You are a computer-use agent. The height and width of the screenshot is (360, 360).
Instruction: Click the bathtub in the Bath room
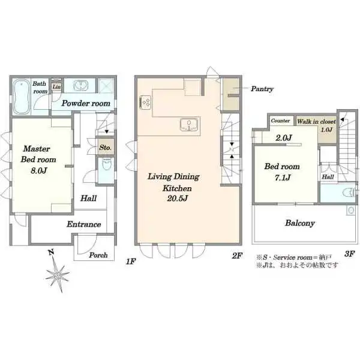21,97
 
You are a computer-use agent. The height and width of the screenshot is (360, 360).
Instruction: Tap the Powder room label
86,103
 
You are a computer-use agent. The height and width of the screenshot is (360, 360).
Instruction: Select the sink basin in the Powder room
81,86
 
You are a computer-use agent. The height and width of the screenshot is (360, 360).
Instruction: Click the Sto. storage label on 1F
105,147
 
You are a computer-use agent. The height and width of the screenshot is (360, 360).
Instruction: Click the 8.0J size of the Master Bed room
39,170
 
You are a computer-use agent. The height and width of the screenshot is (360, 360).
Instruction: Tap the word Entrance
84,224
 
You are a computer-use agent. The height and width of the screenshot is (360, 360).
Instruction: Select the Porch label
98,255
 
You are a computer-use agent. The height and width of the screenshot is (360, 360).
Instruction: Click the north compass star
58,274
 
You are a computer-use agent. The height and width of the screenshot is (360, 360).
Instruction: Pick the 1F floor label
131,261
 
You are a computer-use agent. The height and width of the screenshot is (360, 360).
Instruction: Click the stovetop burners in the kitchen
146,102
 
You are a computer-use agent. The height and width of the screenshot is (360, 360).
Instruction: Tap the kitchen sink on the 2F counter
189,125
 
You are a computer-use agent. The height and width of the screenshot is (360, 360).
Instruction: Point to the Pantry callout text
262,89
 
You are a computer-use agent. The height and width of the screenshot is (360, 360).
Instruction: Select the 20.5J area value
177,199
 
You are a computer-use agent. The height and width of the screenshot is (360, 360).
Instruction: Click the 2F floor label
237,256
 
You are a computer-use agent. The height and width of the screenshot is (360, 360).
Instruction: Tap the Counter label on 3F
280,121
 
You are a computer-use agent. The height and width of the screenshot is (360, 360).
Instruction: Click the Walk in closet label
316,121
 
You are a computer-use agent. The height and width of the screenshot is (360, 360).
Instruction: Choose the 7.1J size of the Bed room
283,178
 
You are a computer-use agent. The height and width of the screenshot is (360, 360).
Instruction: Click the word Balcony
300,223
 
